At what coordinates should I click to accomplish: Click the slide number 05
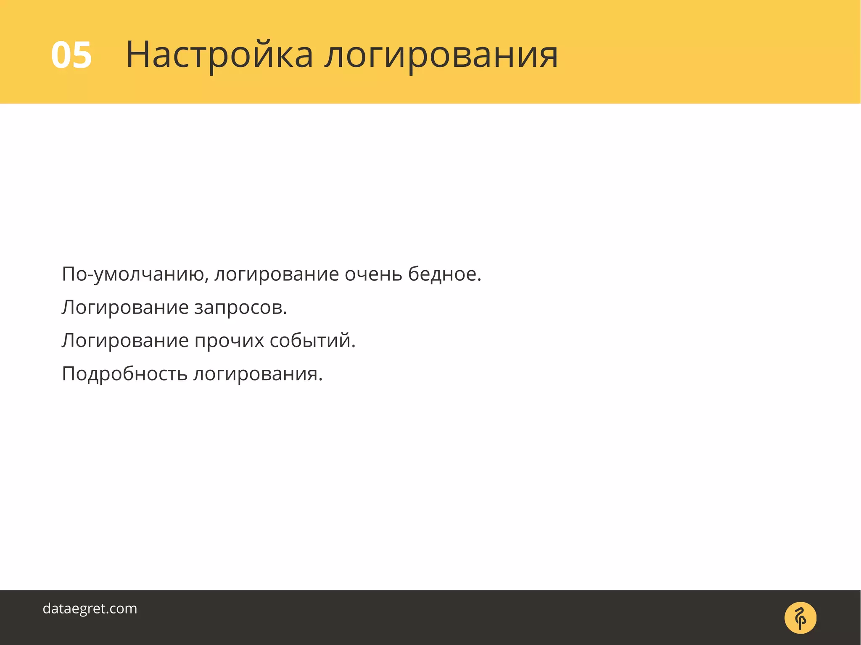[71, 55]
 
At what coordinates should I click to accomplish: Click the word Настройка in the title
[219, 55]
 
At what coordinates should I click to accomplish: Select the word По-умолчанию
[134, 274]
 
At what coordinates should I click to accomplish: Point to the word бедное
[444, 274]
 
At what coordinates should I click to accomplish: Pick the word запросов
[240, 308]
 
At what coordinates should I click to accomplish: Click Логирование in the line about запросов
[125, 308]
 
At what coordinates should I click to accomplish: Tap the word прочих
[229, 340]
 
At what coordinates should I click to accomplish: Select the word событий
[312, 340]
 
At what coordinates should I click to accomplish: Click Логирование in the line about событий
[125, 340]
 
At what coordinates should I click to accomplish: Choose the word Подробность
[124, 374]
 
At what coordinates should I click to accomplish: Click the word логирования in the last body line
[257, 374]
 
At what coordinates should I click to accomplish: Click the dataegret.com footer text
[90, 608]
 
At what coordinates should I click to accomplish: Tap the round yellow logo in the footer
[800, 618]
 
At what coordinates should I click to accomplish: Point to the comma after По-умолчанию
[206, 280]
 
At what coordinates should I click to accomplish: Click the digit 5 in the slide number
[82, 55]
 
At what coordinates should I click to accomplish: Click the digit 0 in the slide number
[61, 55]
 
